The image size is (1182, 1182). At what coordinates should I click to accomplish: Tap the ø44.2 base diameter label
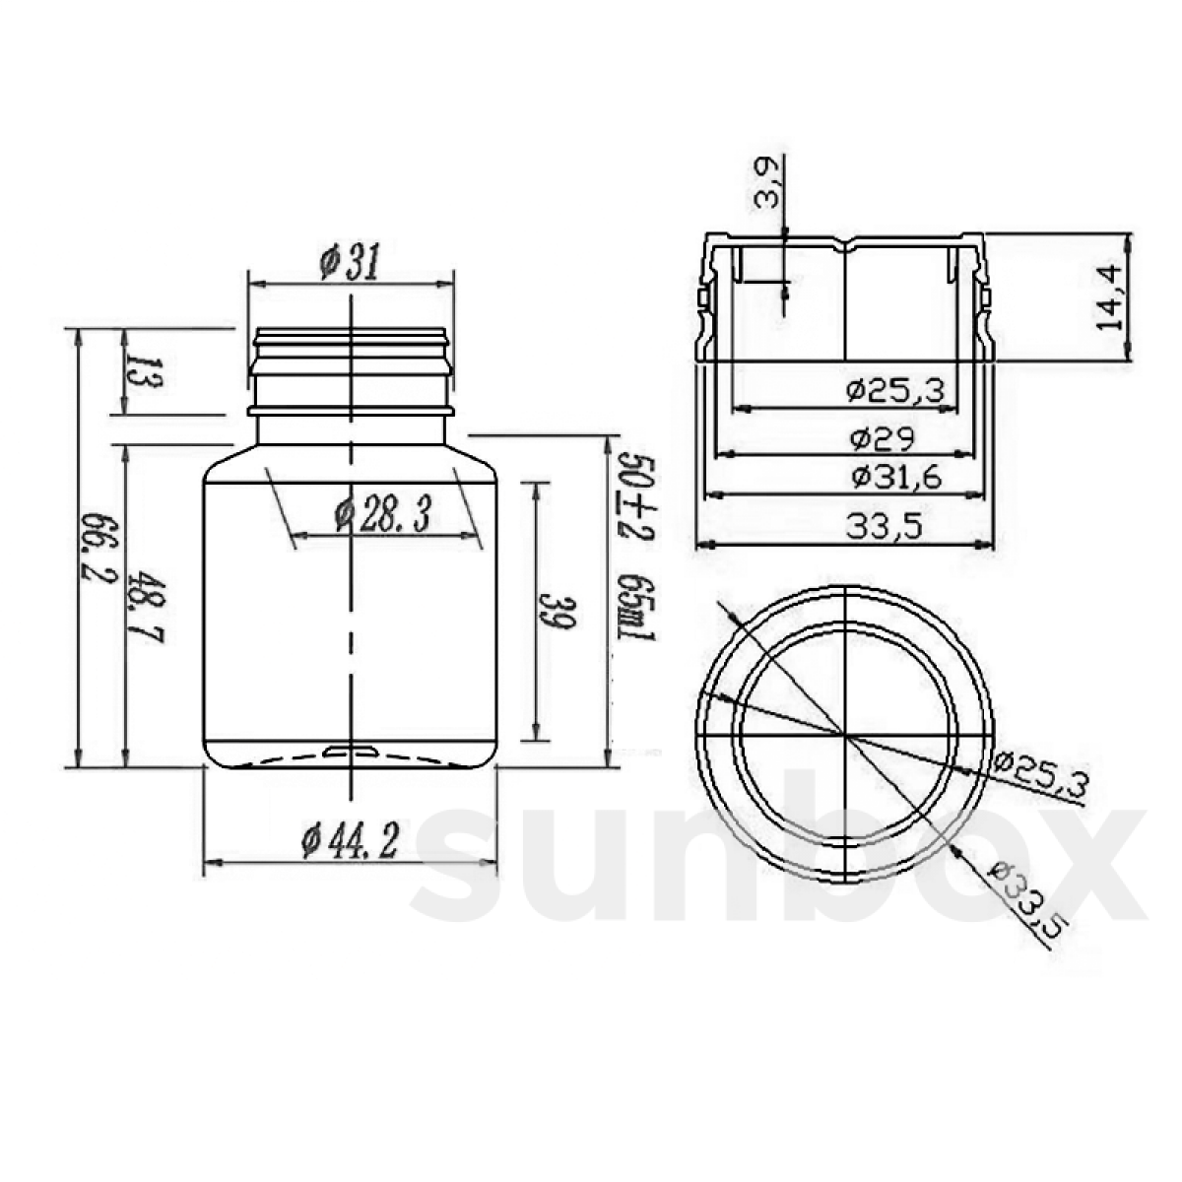349,841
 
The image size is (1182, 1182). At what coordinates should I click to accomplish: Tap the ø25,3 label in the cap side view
895,391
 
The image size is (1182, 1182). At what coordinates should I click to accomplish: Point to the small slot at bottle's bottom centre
351,752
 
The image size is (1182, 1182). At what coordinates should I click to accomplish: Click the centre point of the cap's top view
844,735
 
